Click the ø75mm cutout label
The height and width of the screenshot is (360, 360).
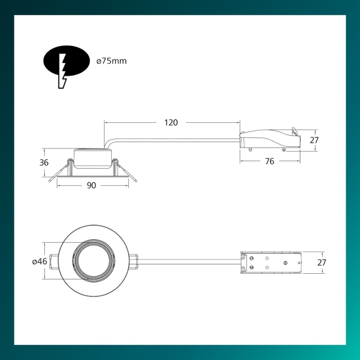click(111, 61)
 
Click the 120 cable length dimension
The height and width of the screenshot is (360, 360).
click(171, 122)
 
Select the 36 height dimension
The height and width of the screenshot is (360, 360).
click(44, 163)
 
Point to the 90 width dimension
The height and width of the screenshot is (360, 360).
click(91, 185)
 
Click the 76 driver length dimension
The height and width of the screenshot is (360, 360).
click(270, 161)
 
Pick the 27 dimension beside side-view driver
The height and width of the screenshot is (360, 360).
click(314, 140)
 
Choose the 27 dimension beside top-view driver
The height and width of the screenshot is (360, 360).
click(321, 263)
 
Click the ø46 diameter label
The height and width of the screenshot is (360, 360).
click(39, 262)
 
